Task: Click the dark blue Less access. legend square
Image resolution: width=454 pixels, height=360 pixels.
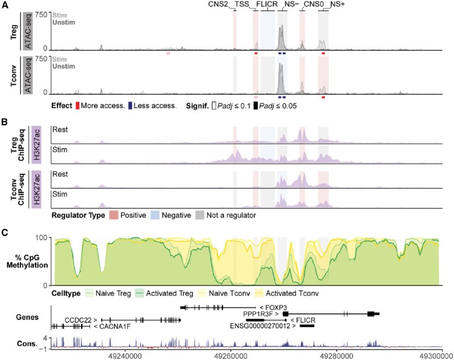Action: (x=131, y=106)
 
